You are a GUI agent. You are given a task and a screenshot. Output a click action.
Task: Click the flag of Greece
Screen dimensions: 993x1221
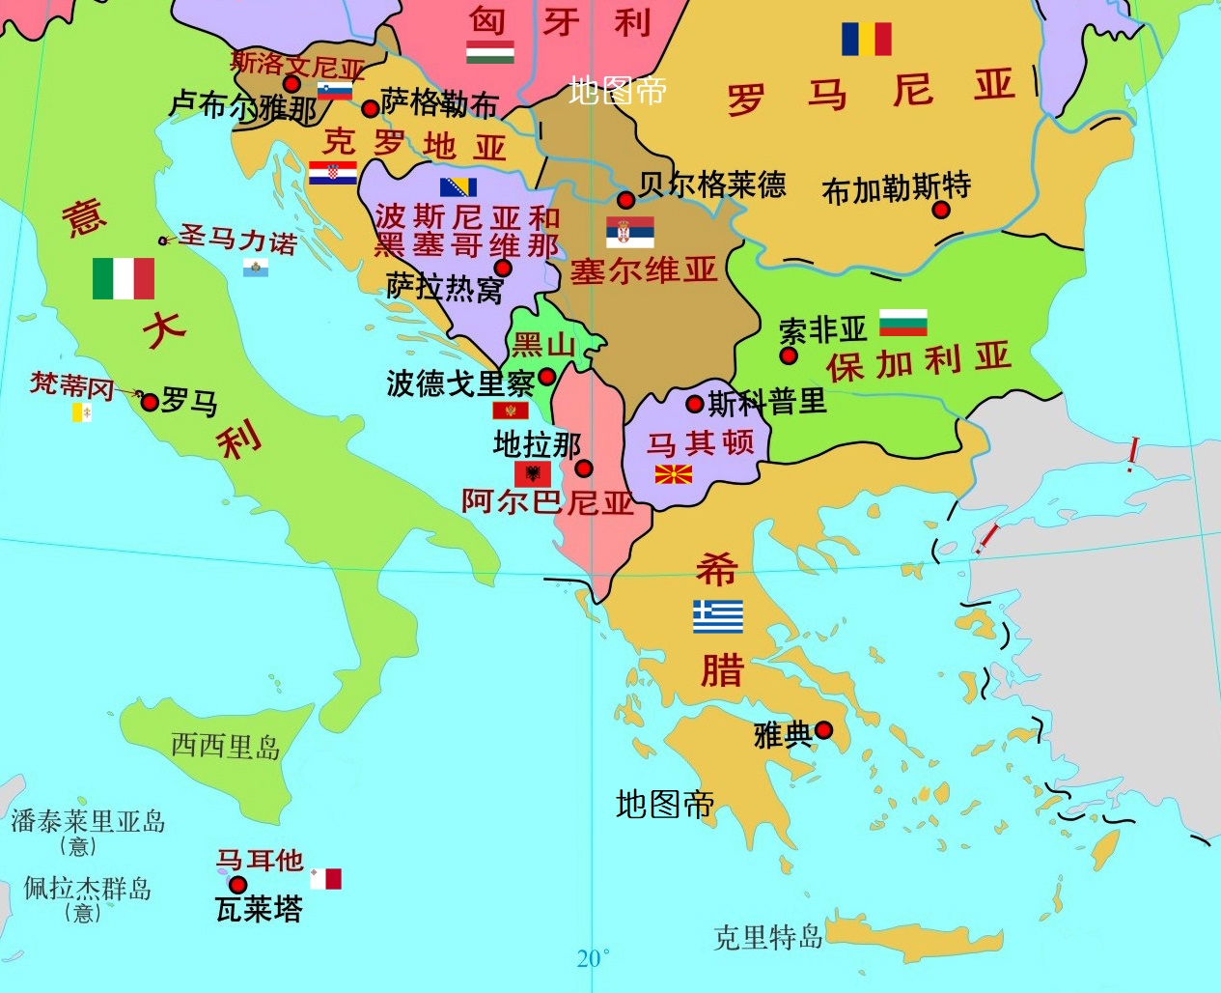(718, 616)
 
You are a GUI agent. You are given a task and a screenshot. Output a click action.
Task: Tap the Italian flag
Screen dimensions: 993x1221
(124, 278)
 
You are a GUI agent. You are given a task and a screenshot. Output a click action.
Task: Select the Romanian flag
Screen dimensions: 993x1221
(866, 39)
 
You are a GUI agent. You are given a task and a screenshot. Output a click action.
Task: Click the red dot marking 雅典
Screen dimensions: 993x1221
(823, 730)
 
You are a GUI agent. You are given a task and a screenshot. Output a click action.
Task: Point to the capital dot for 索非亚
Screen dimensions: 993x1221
(789, 355)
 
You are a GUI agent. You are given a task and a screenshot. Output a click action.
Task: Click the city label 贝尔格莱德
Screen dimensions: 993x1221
(712, 184)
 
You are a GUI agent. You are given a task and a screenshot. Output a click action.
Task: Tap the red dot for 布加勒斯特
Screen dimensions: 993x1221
(941, 210)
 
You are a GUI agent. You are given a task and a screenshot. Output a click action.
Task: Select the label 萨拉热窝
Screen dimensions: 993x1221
(444, 287)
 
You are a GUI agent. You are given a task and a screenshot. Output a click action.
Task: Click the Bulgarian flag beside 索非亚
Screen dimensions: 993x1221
(903, 323)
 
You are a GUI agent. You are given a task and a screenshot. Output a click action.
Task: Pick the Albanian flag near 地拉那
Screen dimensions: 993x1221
(533, 473)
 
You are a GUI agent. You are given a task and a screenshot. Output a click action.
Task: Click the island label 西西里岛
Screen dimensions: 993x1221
(225, 746)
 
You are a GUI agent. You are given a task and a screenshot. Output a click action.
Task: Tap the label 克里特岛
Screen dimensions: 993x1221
(767, 936)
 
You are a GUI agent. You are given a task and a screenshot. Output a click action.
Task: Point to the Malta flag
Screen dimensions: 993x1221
(325, 879)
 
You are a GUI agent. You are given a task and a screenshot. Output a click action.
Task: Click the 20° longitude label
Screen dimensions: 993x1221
(593, 958)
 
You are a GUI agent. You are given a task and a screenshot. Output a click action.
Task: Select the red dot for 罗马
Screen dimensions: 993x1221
(149, 401)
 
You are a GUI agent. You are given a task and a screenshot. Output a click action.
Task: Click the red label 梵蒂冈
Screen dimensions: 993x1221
(71, 384)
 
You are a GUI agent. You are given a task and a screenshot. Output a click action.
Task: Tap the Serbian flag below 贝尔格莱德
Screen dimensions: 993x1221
(630, 232)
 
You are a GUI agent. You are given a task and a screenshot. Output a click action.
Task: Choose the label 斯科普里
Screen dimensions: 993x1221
(767, 401)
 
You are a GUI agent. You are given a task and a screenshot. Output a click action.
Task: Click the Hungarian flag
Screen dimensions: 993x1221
(489, 51)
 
